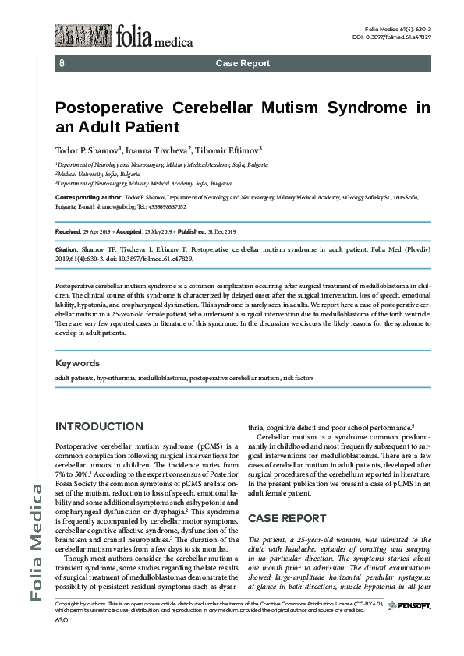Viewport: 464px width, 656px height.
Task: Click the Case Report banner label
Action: pyautogui.click(x=243, y=63)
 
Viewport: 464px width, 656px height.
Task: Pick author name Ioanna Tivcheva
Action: pyautogui.click(x=154, y=149)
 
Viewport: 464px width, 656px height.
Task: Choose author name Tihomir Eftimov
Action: pyautogui.click(x=227, y=149)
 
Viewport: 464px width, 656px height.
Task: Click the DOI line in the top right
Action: pyautogui.click(x=392, y=37)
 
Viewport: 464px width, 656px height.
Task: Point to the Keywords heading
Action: pyautogui.click(x=77, y=363)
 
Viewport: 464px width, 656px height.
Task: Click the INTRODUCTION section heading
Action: pyautogui.click(x=99, y=426)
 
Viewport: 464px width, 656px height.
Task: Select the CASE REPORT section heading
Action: pyautogui.click(x=287, y=517)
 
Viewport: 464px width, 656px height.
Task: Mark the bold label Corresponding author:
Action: pyautogui.click(x=89, y=199)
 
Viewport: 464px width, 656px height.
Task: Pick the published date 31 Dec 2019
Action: pyautogui.click(x=227, y=232)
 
